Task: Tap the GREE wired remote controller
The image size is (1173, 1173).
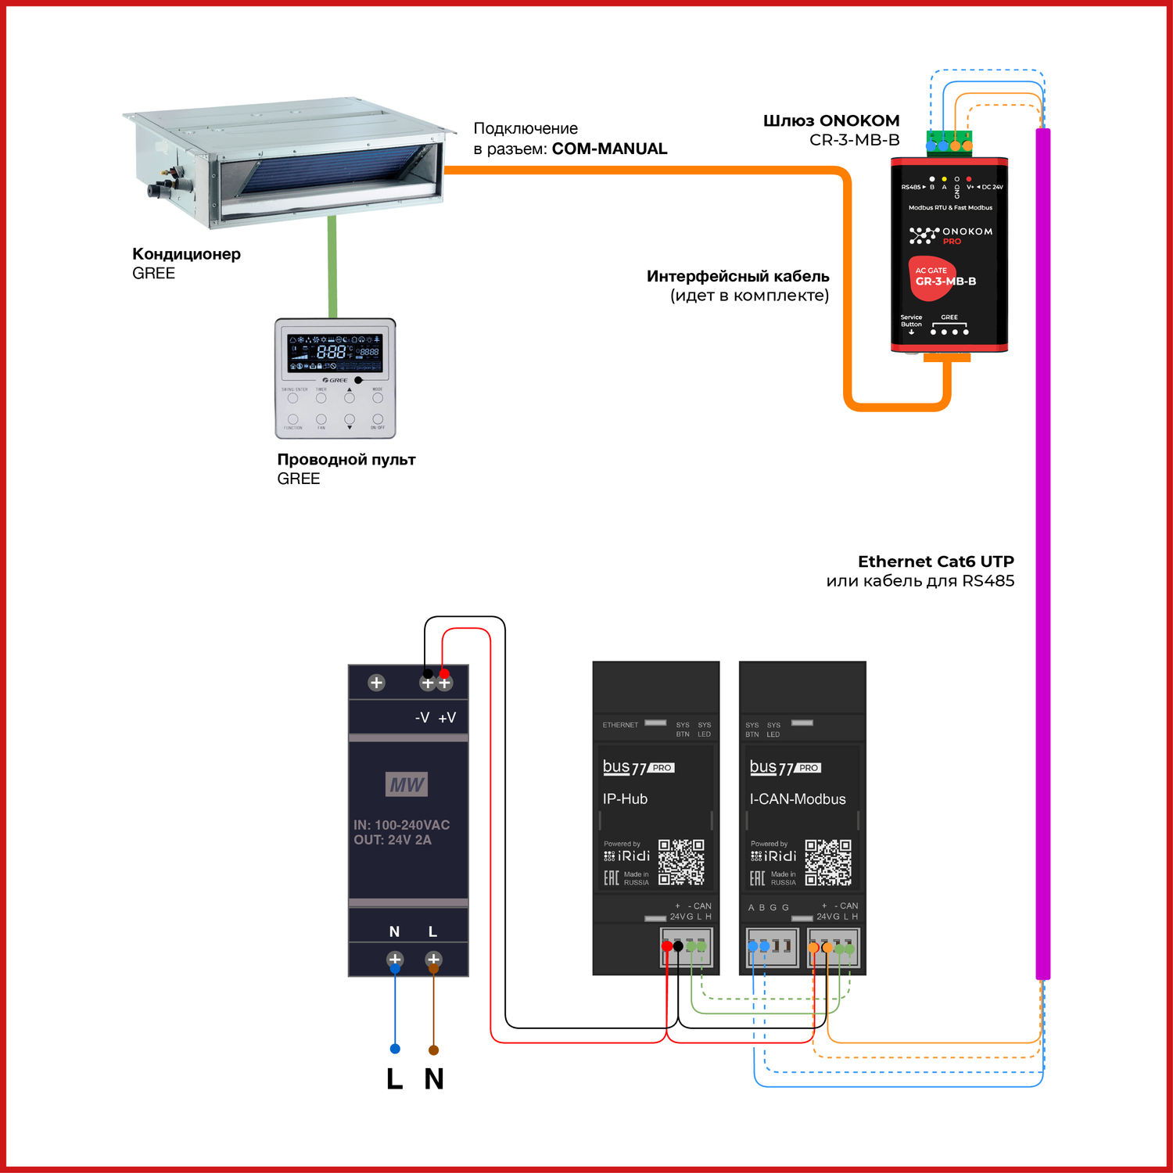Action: (x=335, y=378)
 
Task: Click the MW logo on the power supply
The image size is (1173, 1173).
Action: (x=407, y=784)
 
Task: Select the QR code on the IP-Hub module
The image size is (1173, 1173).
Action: (x=681, y=862)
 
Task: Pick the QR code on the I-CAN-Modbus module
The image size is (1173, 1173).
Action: (x=828, y=862)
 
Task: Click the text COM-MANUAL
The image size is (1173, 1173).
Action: (x=609, y=149)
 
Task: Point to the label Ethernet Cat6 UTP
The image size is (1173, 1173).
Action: (x=935, y=561)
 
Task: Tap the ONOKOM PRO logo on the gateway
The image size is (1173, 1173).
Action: (x=951, y=235)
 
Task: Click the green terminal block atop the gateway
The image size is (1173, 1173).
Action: (x=949, y=142)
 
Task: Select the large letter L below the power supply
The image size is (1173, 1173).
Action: (x=395, y=1079)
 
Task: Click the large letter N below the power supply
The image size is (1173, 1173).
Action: (x=434, y=1079)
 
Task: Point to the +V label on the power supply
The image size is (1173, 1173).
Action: (x=447, y=718)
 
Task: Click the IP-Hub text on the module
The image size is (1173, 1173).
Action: (x=625, y=799)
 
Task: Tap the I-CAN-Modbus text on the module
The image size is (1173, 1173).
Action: (x=798, y=799)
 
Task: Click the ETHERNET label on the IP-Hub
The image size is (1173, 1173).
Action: (x=620, y=725)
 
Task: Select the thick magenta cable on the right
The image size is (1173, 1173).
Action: (x=1042, y=547)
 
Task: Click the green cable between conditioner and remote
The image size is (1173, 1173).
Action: (x=332, y=266)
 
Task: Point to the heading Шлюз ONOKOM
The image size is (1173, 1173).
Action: (x=831, y=121)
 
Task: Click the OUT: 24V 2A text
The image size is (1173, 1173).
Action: (x=393, y=840)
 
